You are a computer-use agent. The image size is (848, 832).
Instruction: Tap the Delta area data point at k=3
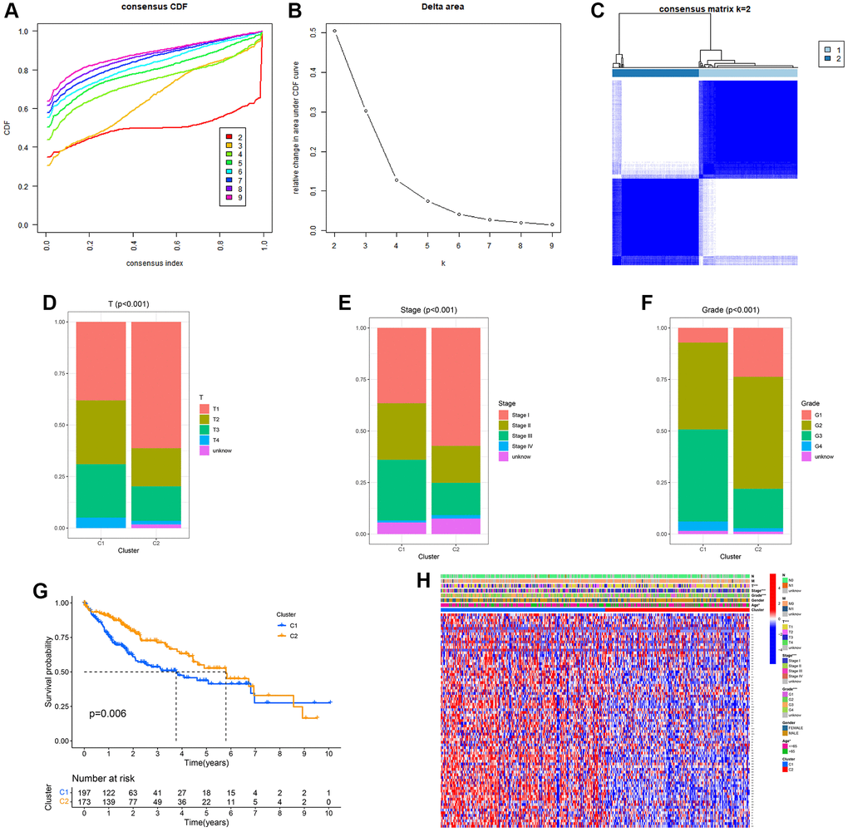tap(366, 111)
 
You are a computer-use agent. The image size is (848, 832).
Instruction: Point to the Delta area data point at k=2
tap(335, 31)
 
